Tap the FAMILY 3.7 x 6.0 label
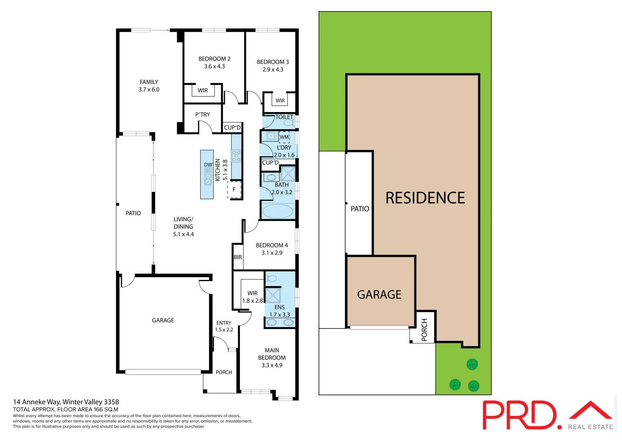tap(149, 86)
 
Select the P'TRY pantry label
tap(202, 114)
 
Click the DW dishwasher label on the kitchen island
tap(208, 165)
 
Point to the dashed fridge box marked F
tap(234, 189)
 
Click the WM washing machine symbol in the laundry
tap(284, 137)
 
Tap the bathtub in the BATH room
tap(277, 211)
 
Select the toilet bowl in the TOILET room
tap(288, 123)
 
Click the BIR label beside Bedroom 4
tap(237, 257)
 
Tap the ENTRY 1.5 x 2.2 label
tap(224, 326)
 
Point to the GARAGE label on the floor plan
tap(163, 320)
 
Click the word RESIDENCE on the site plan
tap(425, 198)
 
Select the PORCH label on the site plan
tap(424, 330)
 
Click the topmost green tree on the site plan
tap(472, 364)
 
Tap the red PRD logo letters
tap(519, 415)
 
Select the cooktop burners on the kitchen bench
tap(236, 156)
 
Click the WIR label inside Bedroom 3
tap(280, 101)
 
